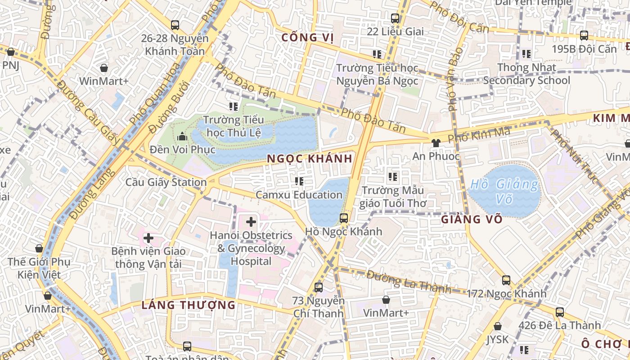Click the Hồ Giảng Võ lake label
pyautogui.click(x=504, y=191)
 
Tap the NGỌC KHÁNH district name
pyautogui.click(x=309, y=159)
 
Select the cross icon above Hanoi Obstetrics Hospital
pyautogui.click(x=251, y=221)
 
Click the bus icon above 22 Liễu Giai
pyautogui.click(x=395, y=18)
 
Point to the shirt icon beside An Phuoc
pyautogui.click(x=435, y=143)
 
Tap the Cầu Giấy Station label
pyautogui.click(x=166, y=182)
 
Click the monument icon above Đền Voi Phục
pyautogui.click(x=182, y=135)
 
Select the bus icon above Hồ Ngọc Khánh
pyautogui.click(x=344, y=218)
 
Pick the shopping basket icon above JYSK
pyautogui.click(x=497, y=326)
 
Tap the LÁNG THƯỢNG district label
pyautogui.click(x=189, y=305)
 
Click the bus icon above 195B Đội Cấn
pyautogui.click(x=584, y=35)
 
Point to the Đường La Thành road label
pyautogui.click(x=409, y=281)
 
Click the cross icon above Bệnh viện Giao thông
pyautogui.click(x=148, y=238)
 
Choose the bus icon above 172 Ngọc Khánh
pyautogui.click(x=506, y=280)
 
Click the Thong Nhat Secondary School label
pyautogui.click(x=526, y=74)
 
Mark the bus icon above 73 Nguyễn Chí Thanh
pyautogui.click(x=319, y=287)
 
